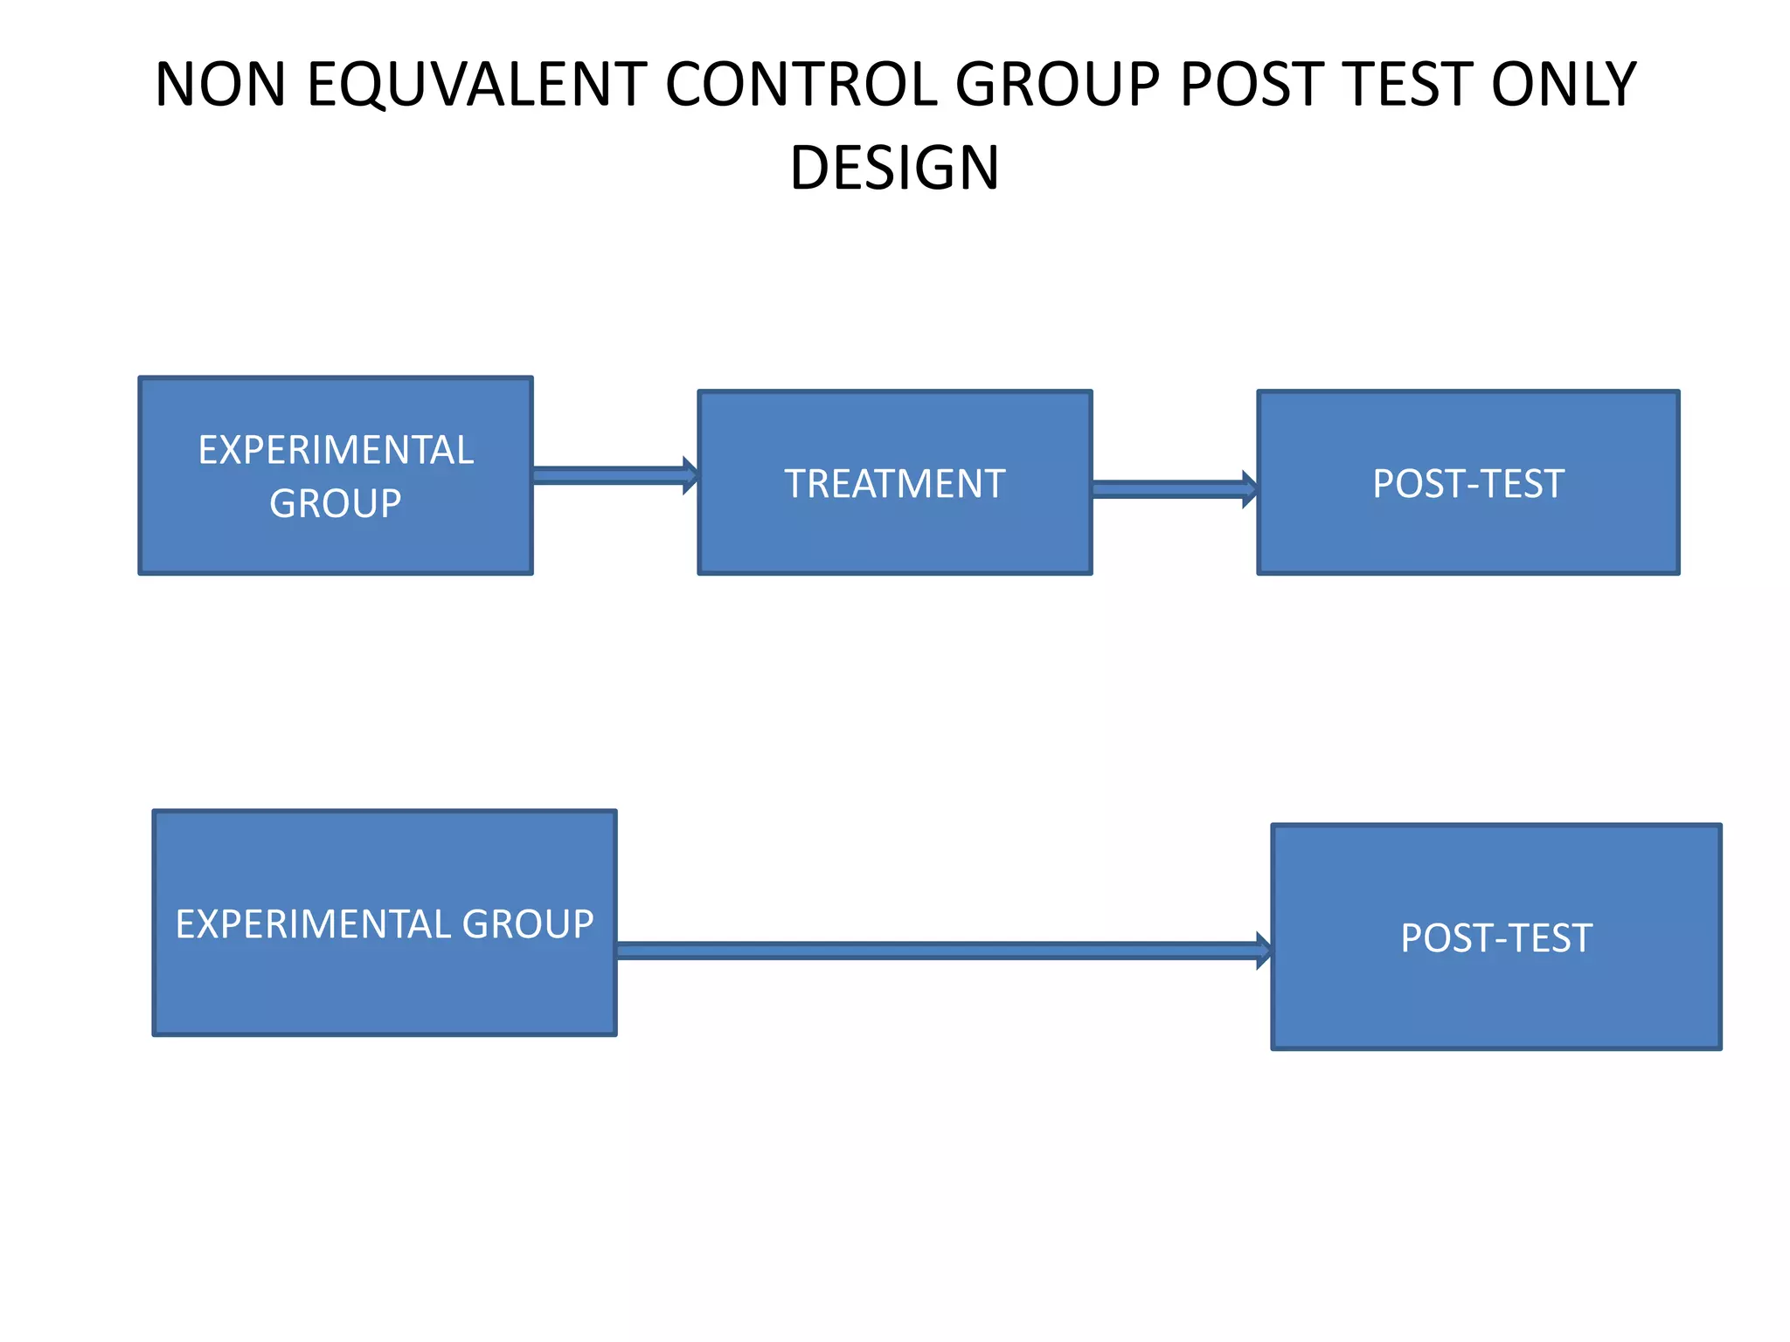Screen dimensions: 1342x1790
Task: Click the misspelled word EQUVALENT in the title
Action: tap(476, 85)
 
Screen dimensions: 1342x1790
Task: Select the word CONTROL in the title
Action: tap(800, 85)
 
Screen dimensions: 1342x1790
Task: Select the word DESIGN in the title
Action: tap(894, 168)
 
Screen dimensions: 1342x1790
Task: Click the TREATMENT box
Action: tap(894, 483)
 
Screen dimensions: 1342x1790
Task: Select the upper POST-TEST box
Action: tap(1467, 483)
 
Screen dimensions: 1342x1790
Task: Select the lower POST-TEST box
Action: tap(1495, 937)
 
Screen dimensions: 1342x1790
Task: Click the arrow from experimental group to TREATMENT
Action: tap(612, 475)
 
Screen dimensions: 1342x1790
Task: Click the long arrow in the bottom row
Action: tap(935, 951)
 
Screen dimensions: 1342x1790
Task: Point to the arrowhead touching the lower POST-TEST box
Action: tap(1264, 951)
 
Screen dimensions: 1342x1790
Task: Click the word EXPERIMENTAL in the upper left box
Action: tap(336, 451)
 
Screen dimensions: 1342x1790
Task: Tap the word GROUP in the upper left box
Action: tap(336, 504)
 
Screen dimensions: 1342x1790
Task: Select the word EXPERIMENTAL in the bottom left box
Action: tap(312, 924)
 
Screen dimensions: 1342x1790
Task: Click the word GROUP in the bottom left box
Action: tap(528, 924)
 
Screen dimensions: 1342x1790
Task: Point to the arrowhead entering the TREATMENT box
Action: tap(690, 475)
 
